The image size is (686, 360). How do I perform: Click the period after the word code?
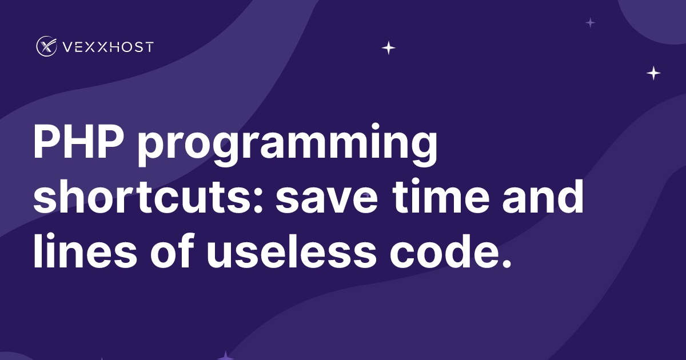tap(504, 263)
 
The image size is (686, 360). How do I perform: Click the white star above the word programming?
tap(389, 48)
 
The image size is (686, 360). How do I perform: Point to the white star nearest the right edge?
tap(653, 73)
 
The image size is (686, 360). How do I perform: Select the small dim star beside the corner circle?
tap(591, 23)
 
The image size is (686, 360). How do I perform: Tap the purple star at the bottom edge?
tap(226, 355)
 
